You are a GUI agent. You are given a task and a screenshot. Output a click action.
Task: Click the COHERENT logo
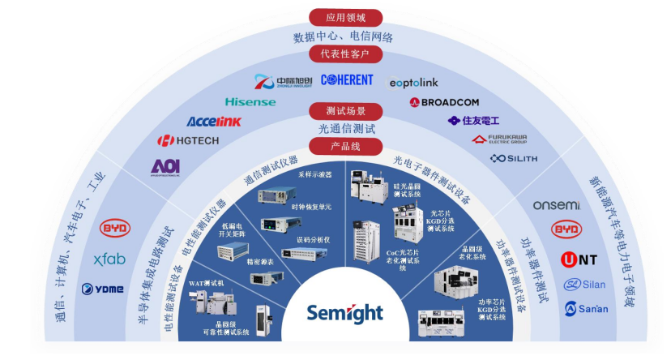[347, 79]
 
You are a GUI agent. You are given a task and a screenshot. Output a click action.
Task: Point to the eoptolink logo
[413, 82]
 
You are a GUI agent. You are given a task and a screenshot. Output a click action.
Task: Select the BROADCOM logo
[444, 102]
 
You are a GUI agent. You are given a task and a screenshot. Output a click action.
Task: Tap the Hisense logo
[250, 102]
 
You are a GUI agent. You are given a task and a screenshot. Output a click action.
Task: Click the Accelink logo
[214, 122]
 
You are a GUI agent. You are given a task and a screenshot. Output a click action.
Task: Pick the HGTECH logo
[187, 141]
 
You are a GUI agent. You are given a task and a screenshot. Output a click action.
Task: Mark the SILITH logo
[514, 158]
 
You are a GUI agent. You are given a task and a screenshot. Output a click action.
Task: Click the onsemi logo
[556, 205]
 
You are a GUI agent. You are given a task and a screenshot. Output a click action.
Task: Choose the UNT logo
[579, 259]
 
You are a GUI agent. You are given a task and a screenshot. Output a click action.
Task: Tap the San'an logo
[586, 309]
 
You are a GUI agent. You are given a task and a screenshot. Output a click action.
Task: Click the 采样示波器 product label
[314, 174]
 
